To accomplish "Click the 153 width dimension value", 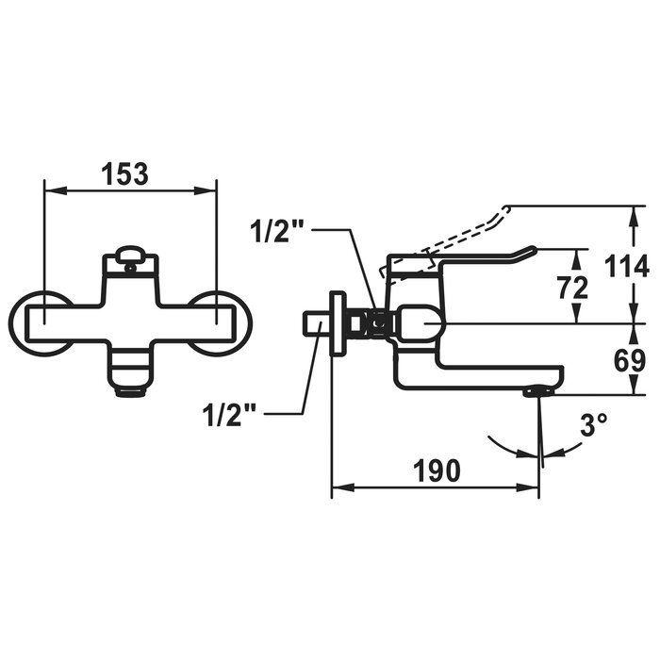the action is click(126, 174).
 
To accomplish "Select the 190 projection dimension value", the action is click(437, 471).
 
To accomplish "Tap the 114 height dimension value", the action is click(626, 267).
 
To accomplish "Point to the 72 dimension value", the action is click(573, 288).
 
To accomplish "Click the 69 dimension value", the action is click(630, 361).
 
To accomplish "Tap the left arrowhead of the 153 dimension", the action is click(56, 190).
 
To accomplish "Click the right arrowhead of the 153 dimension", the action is click(205, 190).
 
